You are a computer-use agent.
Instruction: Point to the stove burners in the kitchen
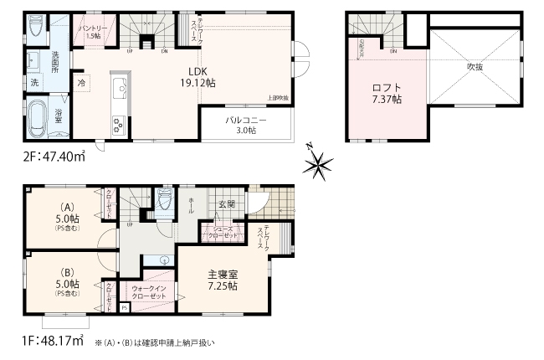pos(117,126)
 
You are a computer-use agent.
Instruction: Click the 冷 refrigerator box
pos(82,84)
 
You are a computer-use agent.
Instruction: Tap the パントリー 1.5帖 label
pos(91,32)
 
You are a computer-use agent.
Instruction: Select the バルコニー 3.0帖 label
pos(245,126)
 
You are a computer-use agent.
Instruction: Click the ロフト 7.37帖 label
pos(387,94)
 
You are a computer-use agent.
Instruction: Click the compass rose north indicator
pos(316,164)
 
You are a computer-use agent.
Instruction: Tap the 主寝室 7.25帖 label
pos(222,280)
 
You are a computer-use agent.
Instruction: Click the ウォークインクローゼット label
pos(152,293)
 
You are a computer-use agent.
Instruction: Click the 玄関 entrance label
pos(227,204)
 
